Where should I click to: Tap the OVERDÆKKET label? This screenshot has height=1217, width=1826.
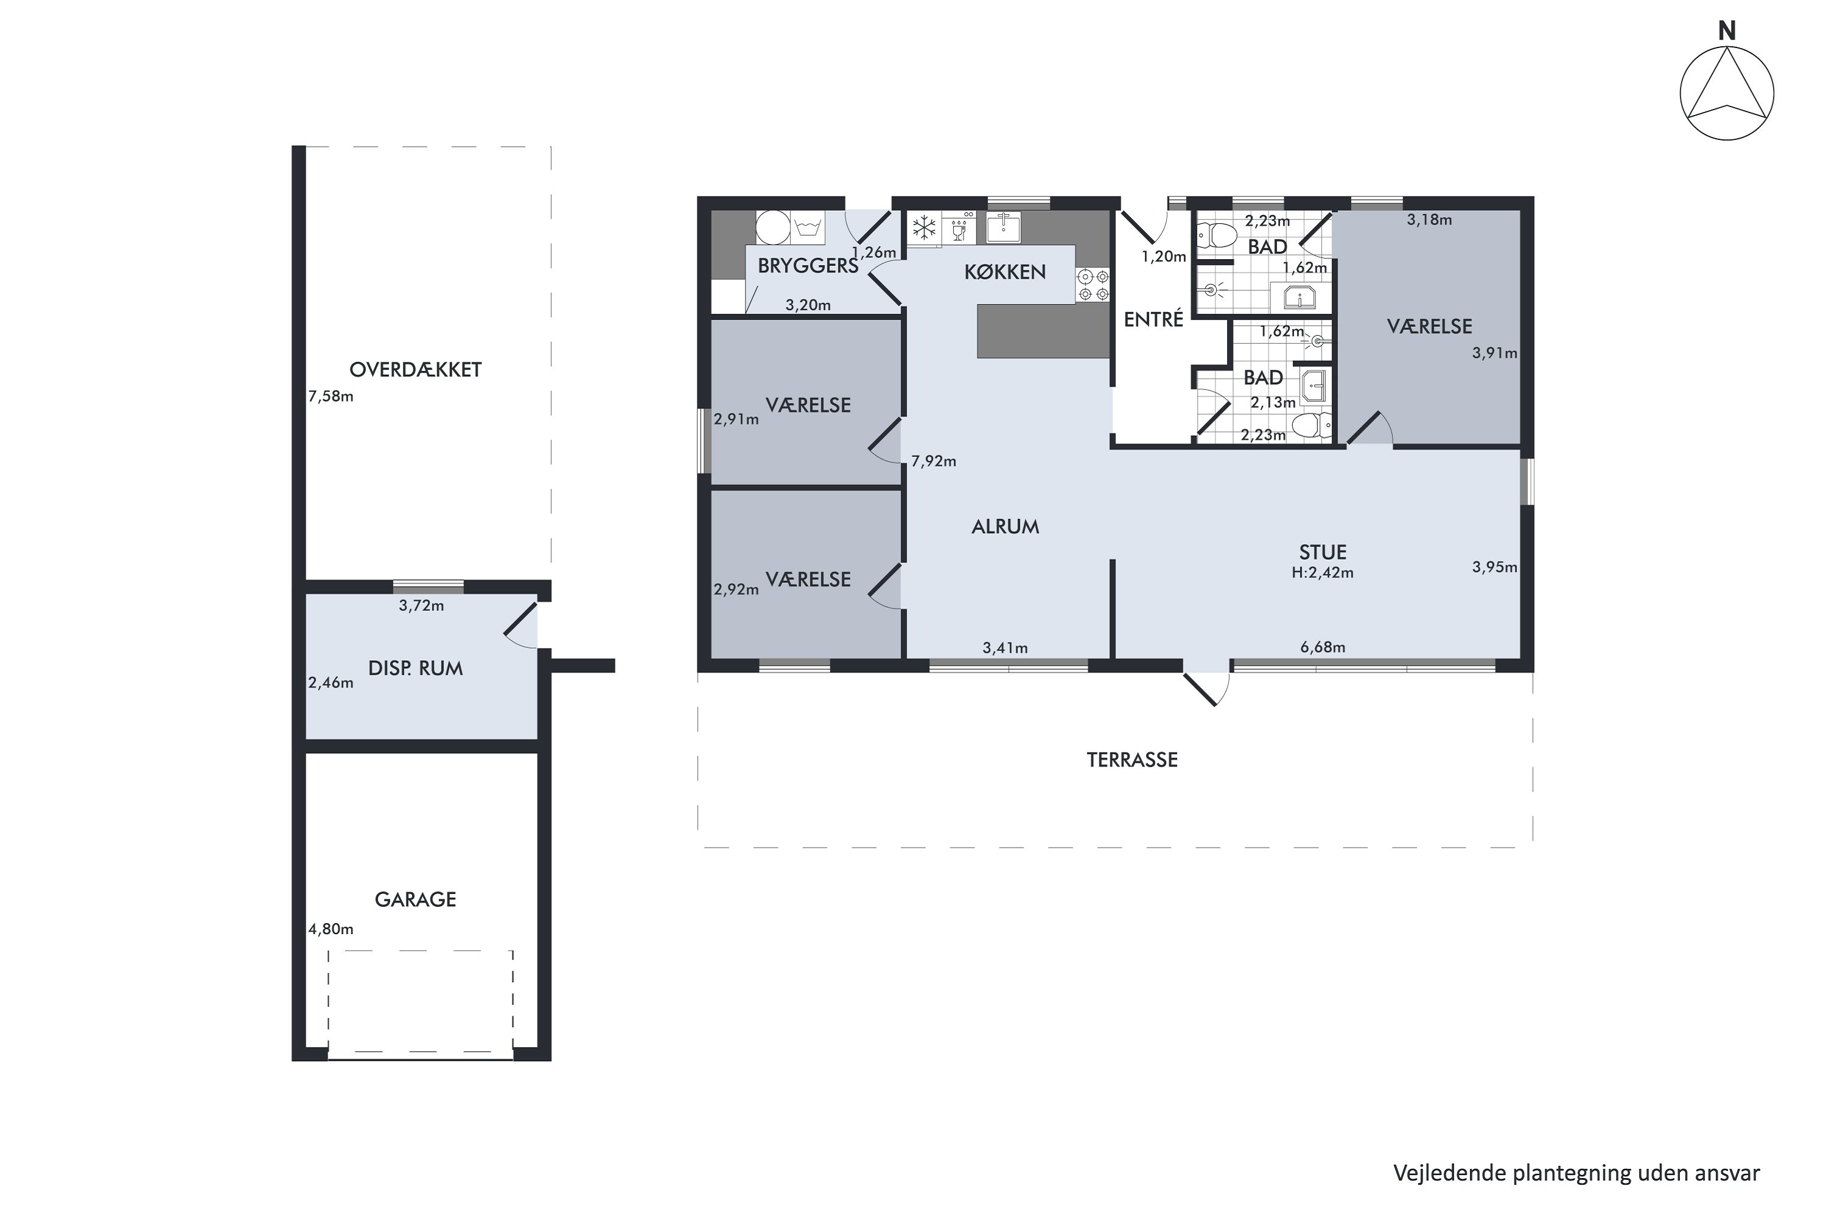click(x=415, y=369)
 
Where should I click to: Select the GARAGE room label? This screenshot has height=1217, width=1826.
click(x=415, y=899)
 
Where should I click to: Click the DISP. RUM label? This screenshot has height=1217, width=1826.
click(x=415, y=668)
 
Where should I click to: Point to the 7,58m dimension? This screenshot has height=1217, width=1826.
click(x=331, y=397)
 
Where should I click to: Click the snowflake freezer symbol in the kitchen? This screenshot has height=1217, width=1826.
click(x=924, y=228)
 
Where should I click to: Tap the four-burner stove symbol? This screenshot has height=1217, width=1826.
click(x=1093, y=285)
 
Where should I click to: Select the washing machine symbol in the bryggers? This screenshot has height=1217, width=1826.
click(x=808, y=228)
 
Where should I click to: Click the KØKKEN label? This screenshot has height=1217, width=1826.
click(x=1005, y=271)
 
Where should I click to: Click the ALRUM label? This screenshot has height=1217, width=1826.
click(x=1006, y=527)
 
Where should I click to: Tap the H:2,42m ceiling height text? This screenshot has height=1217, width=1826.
click(x=1323, y=573)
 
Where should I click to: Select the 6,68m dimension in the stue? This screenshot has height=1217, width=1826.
click(x=1323, y=647)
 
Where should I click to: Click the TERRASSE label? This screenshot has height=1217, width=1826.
click(x=1132, y=760)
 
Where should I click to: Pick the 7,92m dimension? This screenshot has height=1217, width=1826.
click(x=933, y=461)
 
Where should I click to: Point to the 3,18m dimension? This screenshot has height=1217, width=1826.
click(x=1429, y=220)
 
